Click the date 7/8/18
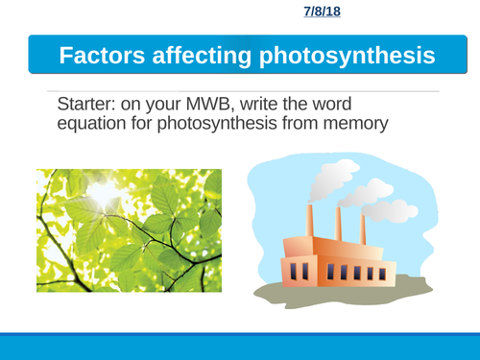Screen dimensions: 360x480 323,12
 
